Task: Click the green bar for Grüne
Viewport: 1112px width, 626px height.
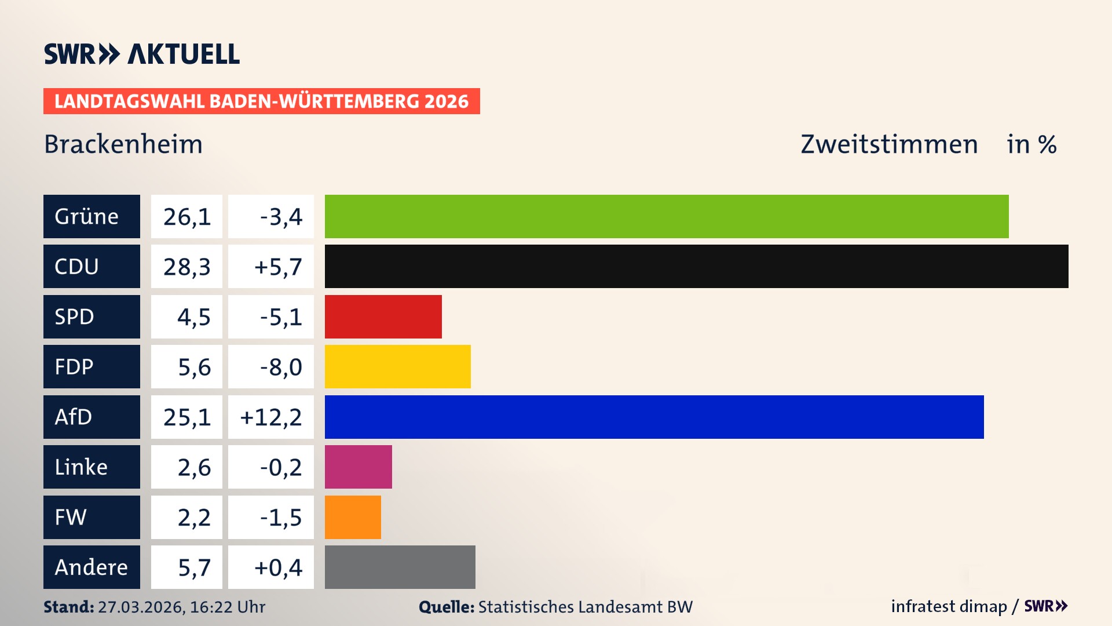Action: click(x=666, y=216)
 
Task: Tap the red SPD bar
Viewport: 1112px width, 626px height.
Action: click(x=383, y=316)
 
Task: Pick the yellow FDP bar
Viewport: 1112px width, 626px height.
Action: click(x=397, y=366)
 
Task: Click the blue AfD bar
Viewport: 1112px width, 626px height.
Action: click(x=654, y=417)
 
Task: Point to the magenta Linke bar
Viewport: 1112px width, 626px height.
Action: click(x=358, y=467)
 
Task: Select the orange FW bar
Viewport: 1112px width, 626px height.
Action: click(x=353, y=517)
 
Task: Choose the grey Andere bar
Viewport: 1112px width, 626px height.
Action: click(x=400, y=567)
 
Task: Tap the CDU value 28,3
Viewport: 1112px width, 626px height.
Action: click(x=186, y=267)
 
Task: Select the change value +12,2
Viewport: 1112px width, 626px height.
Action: click(x=271, y=417)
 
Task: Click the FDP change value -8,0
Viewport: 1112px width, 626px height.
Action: click(x=281, y=367)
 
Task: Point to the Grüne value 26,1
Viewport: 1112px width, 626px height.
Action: click(x=186, y=217)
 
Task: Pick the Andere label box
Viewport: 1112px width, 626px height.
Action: click(x=92, y=567)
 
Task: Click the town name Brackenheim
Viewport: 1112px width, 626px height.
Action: click(x=123, y=144)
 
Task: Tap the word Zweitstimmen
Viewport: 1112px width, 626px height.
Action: click(x=889, y=144)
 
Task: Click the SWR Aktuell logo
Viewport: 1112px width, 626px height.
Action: click(x=142, y=54)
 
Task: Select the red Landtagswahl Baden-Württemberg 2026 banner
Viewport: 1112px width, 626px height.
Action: click(x=261, y=101)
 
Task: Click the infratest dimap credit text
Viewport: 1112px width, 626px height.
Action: click(x=949, y=606)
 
